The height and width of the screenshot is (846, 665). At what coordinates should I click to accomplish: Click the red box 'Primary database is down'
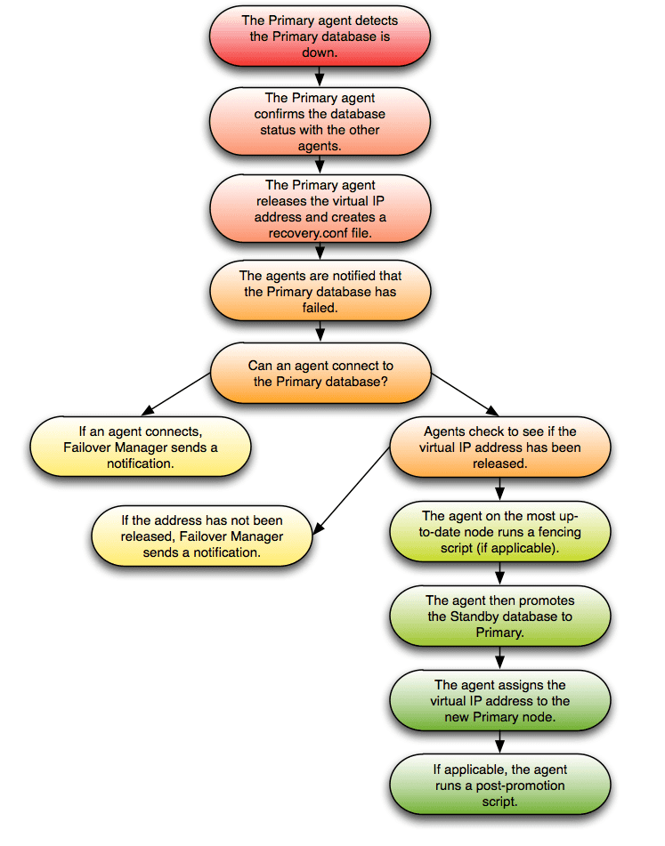pyautogui.click(x=320, y=36)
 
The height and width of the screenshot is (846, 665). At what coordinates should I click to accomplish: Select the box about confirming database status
pyautogui.click(x=320, y=122)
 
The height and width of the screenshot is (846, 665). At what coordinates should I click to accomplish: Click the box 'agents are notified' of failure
pyautogui.click(x=320, y=292)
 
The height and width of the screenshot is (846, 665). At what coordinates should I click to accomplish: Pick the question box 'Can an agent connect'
pyautogui.click(x=320, y=374)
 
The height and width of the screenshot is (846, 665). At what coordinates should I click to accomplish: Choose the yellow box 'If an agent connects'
pyautogui.click(x=141, y=447)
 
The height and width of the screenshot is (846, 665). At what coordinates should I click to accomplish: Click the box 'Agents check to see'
pyautogui.click(x=499, y=447)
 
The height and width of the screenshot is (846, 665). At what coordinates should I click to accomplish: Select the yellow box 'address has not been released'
pyautogui.click(x=202, y=536)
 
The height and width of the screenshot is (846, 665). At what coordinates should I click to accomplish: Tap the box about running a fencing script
pyautogui.click(x=499, y=532)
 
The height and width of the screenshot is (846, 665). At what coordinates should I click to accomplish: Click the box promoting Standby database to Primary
pyautogui.click(x=499, y=616)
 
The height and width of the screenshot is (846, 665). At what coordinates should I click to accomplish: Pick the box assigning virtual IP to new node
pyautogui.click(x=499, y=700)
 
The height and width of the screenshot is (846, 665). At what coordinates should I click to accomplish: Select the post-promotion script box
pyautogui.click(x=499, y=784)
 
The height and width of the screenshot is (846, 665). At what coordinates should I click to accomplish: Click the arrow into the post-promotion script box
pyautogui.click(x=499, y=742)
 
